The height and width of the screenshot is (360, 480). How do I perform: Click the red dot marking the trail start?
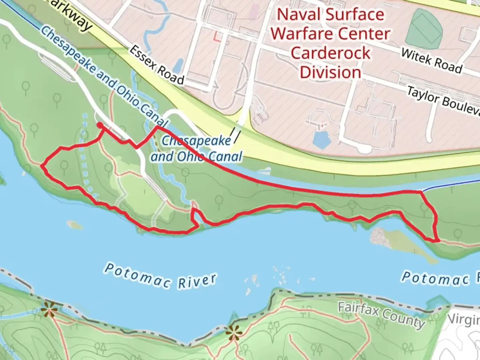tap(100, 125)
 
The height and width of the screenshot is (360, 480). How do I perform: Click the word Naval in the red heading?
tap(298, 15)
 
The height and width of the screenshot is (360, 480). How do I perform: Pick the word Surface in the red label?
tap(355, 15)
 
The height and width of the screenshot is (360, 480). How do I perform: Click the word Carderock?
tap(330, 53)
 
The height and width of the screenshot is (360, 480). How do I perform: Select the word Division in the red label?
tap(330, 72)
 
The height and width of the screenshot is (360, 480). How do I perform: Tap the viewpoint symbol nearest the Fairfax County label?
tap(233, 332)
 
